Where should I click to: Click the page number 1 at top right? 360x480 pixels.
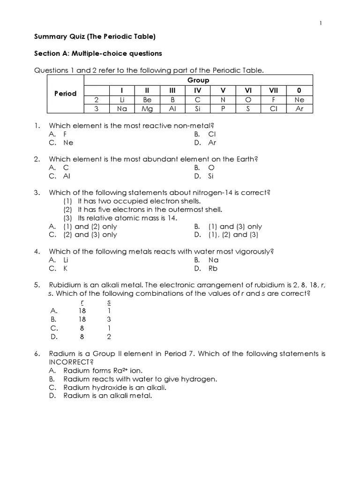321,23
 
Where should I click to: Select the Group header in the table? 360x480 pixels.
198,80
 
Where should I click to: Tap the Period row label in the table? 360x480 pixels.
65,93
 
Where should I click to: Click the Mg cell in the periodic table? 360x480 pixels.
147,109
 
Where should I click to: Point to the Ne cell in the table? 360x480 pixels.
300,100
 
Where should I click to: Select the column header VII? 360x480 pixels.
274,90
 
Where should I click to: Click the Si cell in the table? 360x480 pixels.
197,109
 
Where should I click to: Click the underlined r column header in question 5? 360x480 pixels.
82,302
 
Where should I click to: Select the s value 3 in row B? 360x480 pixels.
109,319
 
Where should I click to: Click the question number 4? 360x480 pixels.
37,252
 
